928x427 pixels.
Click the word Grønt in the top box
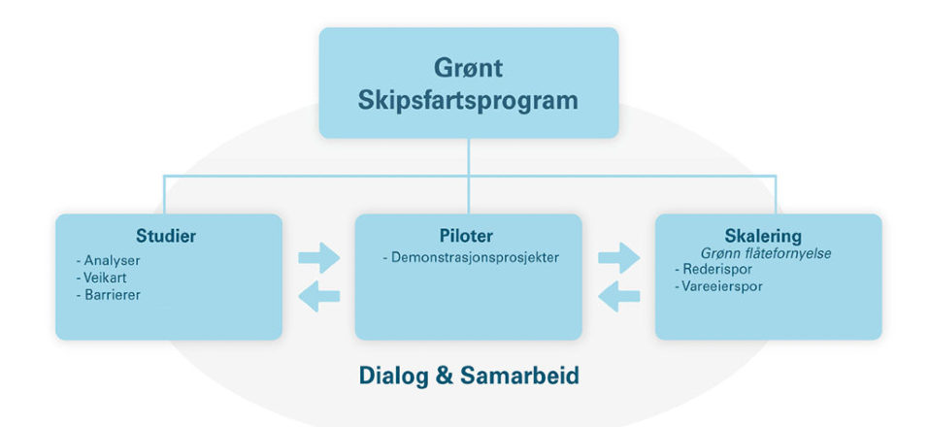pyautogui.click(x=469, y=68)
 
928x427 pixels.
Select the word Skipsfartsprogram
pyautogui.click(x=468, y=101)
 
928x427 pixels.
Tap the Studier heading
pyautogui.click(x=166, y=236)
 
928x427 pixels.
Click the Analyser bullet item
pyautogui.click(x=109, y=261)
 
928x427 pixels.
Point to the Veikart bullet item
pyautogui.click(x=101, y=278)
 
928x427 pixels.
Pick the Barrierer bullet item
pyautogui.click(x=109, y=294)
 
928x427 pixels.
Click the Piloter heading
pyautogui.click(x=466, y=236)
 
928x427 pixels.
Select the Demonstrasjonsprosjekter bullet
pyautogui.click(x=471, y=258)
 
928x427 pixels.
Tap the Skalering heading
pyautogui.click(x=763, y=236)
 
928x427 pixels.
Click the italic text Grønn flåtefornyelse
pyautogui.click(x=767, y=253)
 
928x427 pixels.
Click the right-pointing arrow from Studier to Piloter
pyautogui.click(x=319, y=257)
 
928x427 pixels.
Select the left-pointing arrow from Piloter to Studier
pyautogui.click(x=319, y=296)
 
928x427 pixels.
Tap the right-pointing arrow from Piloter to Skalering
pyautogui.click(x=619, y=257)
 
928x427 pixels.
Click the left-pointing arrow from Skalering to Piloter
pyautogui.click(x=619, y=296)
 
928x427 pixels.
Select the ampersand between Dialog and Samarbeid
pyautogui.click(x=445, y=376)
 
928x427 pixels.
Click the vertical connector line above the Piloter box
pyautogui.click(x=468, y=176)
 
